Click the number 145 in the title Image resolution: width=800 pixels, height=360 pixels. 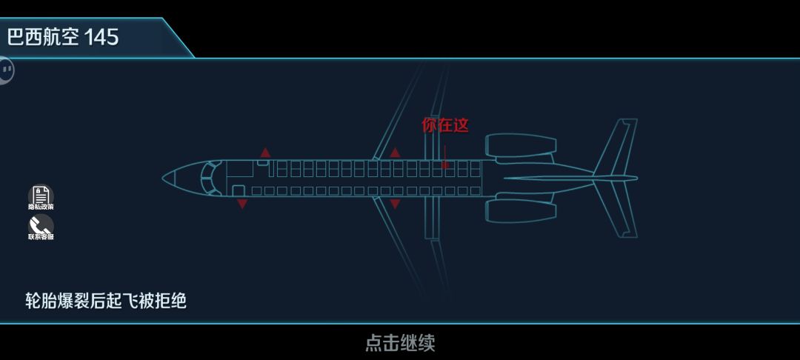click(101, 37)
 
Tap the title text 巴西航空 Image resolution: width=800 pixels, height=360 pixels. click(43, 37)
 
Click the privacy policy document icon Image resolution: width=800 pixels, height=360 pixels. click(41, 196)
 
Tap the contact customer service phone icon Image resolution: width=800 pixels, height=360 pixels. click(41, 225)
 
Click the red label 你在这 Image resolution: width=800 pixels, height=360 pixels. click(445, 125)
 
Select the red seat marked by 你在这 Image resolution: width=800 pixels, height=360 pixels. click(445, 164)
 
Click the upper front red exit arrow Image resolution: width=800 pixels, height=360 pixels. click(265, 153)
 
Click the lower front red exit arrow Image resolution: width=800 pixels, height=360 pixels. click(242, 204)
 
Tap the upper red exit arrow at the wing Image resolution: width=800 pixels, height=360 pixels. click(395, 153)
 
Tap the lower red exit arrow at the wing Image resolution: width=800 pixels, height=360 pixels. click(395, 204)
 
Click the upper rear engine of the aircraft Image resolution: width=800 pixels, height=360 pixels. click(521, 146)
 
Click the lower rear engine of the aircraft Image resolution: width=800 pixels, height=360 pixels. click(521, 210)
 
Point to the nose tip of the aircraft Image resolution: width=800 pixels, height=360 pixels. click(165, 178)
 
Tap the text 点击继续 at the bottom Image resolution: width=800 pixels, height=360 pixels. click(400, 342)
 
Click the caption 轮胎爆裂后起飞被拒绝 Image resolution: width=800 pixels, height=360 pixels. click(106, 301)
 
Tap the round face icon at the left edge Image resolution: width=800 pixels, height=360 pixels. click(6, 70)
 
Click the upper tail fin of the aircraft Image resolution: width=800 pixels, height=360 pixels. click(617, 144)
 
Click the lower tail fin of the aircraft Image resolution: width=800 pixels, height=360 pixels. click(617, 211)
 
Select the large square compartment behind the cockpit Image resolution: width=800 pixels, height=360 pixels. click(239, 168)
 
